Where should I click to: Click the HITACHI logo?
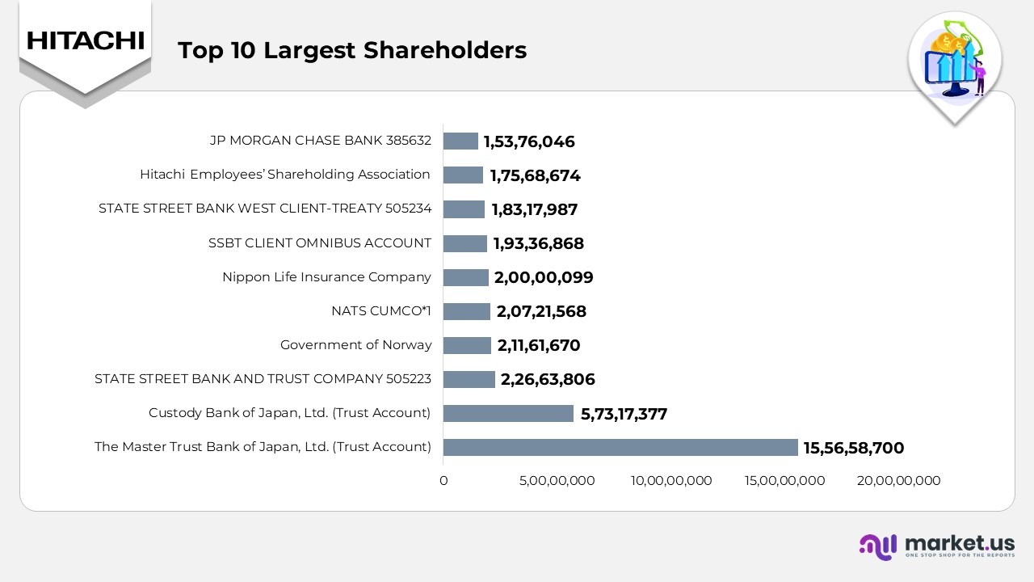[x=85, y=40]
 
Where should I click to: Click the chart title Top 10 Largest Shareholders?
[x=351, y=50]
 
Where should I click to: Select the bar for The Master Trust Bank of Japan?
[x=620, y=447]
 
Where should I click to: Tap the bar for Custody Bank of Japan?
[x=508, y=413]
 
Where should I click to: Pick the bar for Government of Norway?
[x=467, y=345]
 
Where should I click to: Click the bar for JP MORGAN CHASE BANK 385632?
[x=460, y=141]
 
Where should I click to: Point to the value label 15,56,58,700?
[x=853, y=448]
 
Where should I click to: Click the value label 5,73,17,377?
[x=624, y=414]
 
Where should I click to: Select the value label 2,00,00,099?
[x=544, y=277]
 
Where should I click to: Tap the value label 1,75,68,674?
[x=535, y=175]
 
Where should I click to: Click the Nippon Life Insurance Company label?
[x=326, y=277]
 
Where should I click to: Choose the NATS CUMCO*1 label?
[x=381, y=311]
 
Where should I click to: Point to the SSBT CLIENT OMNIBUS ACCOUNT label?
[x=320, y=243]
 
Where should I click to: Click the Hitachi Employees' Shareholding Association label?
[x=284, y=175]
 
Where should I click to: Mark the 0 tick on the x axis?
[x=443, y=481]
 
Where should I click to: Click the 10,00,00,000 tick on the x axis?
[x=671, y=481]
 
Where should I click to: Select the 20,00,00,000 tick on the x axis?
[x=898, y=481]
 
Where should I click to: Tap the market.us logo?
[x=936, y=546]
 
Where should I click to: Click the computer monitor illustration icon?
[x=953, y=69]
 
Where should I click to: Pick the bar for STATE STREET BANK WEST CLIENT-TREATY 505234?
[x=464, y=209]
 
